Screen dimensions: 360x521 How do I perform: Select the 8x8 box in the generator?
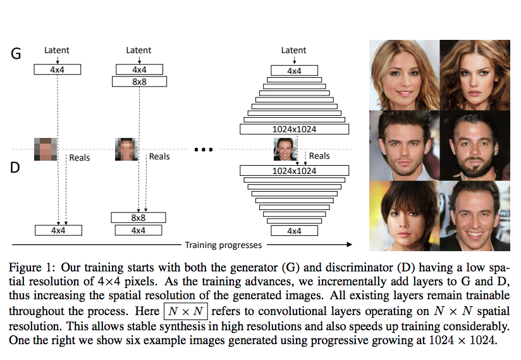point(138,82)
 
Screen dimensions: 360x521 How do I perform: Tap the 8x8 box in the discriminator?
point(138,218)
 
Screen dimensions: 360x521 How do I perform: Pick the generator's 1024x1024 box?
point(294,129)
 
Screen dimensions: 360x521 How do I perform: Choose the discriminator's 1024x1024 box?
point(294,171)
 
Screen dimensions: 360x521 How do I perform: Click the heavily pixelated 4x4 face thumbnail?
point(46,149)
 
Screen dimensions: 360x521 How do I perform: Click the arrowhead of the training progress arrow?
point(350,244)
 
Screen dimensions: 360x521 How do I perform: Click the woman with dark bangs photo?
point(403,215)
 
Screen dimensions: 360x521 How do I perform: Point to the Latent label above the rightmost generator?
point(294,50)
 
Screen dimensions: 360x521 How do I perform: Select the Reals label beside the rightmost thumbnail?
point(319,156)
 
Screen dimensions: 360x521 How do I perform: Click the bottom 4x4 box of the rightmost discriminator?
point(294,231)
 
